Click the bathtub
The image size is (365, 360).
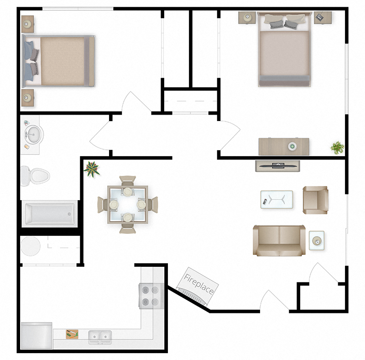(49, 213)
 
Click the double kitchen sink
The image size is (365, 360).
(99, 337)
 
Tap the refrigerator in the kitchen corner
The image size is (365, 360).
(36, 336)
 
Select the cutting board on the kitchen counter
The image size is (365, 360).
(72, 334)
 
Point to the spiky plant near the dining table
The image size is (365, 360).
(92, 168)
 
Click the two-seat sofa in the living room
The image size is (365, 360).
(279, 240)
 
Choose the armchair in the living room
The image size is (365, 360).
(315, 200)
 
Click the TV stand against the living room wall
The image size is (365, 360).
(277, 166)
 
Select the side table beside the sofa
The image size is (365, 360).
(317, 240)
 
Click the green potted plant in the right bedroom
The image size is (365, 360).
(337, 148)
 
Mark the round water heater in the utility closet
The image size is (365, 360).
(31, 246)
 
